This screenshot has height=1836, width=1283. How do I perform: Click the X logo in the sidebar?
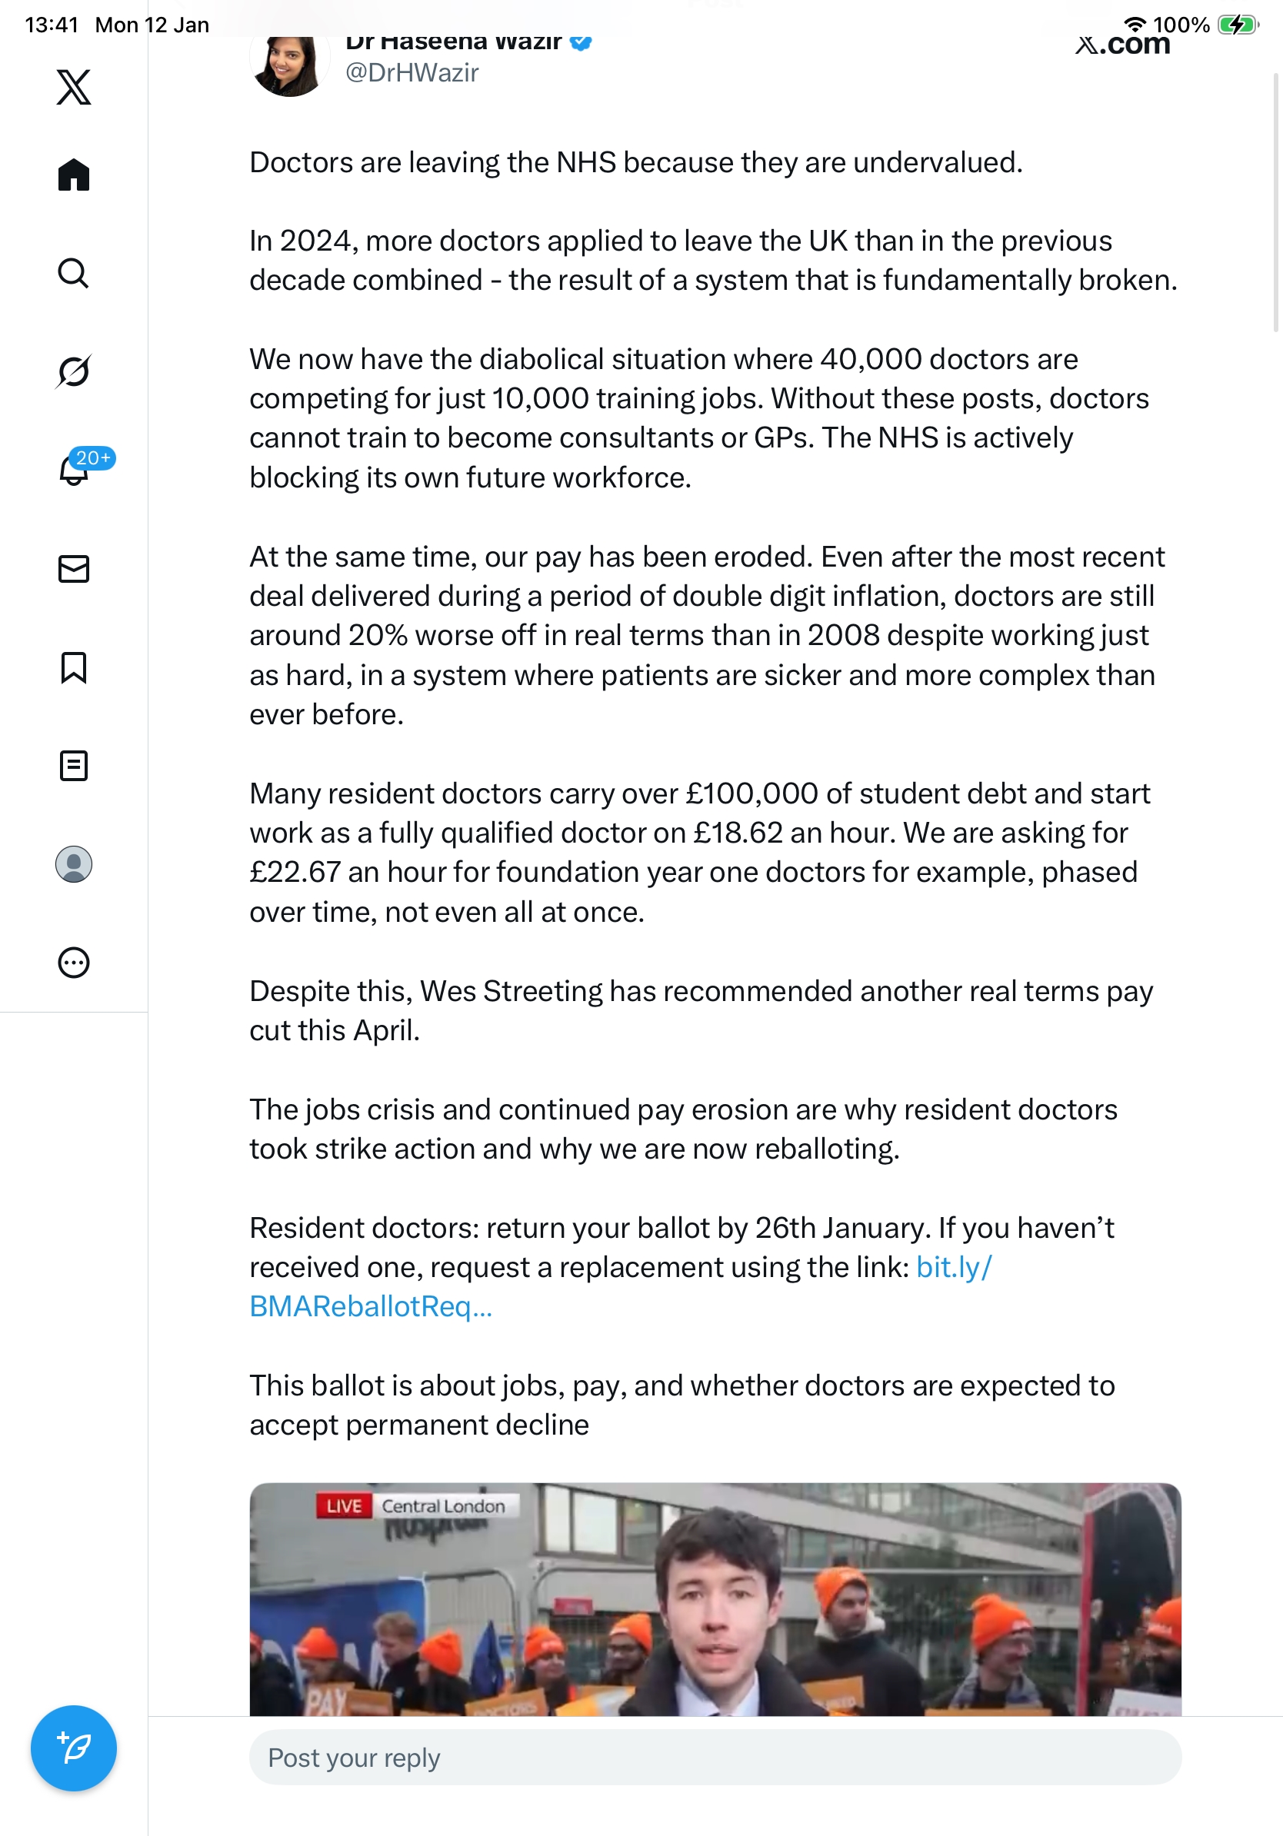tap(74, 87)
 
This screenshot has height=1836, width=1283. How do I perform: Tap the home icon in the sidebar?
tap(74, 175)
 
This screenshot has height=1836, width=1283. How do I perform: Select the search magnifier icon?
tap(74, 274)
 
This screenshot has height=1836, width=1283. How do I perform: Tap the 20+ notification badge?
tap(93, 458)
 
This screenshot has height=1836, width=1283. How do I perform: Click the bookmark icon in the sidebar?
tap(74, 667)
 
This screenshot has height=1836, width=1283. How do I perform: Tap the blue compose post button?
tap(74, 1748)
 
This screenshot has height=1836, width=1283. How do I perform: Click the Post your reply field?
tap(715, 1758)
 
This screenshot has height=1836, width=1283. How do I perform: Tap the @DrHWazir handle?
tap(412, 73)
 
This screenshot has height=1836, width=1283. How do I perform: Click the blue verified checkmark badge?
tap(581, 42)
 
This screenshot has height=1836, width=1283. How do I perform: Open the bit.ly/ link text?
tap(954, 1268)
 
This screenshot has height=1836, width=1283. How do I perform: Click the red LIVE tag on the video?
tap(344, 1506)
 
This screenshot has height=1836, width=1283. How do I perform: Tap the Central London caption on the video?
tap(443, 1506)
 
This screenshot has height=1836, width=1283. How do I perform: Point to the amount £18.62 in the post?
tap(738, 833)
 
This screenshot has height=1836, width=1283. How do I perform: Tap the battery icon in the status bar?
tap(1237, 25)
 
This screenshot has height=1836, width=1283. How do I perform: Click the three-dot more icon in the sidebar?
tap(74, 963)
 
